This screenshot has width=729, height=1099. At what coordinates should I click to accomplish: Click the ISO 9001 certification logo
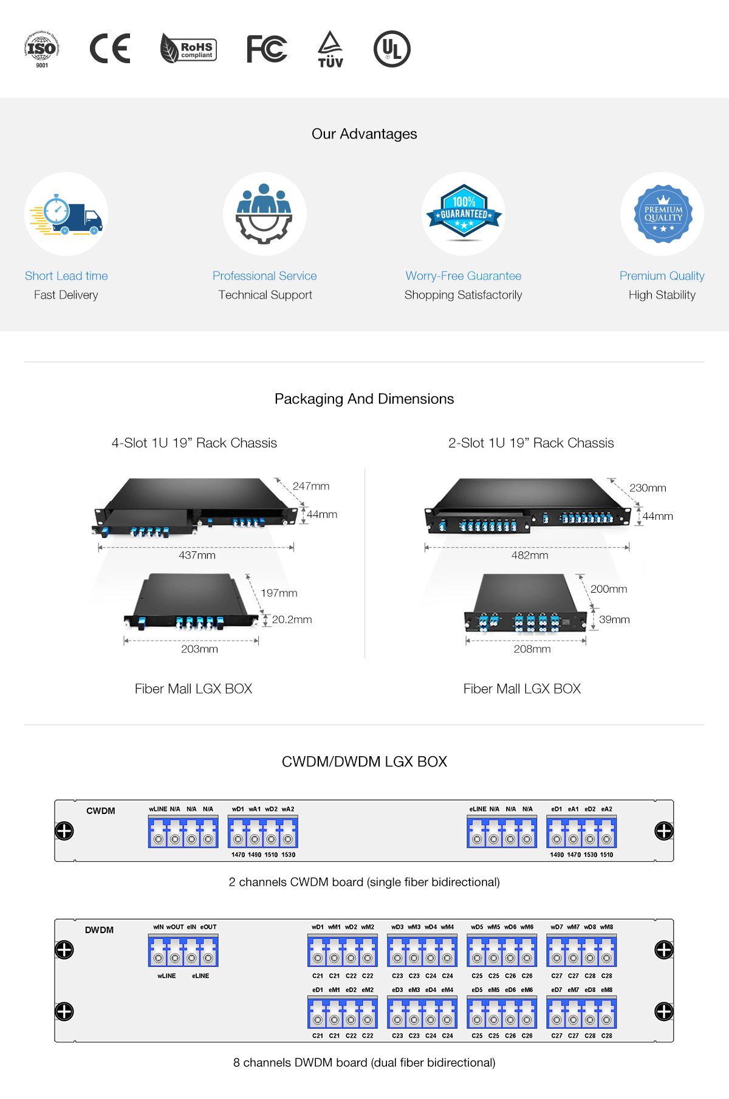point(42,49)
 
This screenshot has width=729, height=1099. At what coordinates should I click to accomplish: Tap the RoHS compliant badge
point(188,49)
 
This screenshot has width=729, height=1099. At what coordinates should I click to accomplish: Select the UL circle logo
point(392,49)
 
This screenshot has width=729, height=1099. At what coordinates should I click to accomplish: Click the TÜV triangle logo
point(330,49)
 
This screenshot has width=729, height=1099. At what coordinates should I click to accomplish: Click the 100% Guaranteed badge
point(464,212)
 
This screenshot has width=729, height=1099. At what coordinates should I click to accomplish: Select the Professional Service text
point(264,276)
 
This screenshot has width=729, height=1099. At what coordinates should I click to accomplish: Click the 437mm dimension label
point(197,555)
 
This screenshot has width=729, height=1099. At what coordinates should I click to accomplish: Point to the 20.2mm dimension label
point(292,619)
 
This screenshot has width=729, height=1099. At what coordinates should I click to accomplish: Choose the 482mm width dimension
point(530,555)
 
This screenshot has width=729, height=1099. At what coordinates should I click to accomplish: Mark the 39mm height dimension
point(614,619)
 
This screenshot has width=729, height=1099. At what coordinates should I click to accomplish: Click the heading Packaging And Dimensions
point(364,399)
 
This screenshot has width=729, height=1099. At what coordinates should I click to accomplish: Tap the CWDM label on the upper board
point(101,811)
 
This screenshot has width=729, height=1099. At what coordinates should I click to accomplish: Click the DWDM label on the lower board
point(100,930)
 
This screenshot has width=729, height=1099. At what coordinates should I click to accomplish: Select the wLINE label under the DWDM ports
point(166,976)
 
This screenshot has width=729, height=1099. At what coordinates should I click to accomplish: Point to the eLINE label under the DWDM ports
point(200,976)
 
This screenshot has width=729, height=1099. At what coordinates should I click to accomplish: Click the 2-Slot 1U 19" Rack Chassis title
point(531,443)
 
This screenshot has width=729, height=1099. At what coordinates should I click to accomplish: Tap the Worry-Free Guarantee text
point(464,276)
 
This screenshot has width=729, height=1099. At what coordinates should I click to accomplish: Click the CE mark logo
point(110,49)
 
